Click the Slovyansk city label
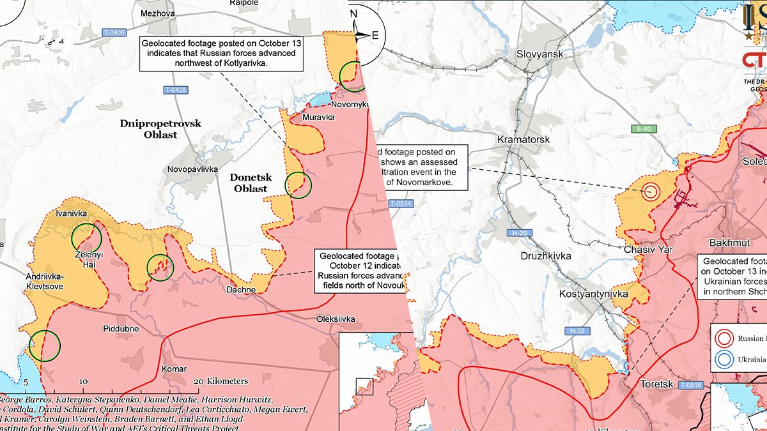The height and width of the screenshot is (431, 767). coord(539,54)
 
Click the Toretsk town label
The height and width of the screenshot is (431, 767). coord(657,385)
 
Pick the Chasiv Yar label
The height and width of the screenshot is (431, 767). coord(648,250)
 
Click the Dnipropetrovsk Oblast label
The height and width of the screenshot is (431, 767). coord(160,128)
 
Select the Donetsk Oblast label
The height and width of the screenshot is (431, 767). coord(251,183)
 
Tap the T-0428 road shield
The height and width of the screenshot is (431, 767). coord(174,90)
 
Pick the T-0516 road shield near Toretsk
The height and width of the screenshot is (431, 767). coord(691,385)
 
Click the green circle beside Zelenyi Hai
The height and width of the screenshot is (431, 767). coord(86,237)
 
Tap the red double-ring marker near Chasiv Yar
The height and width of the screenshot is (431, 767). coord(651,190)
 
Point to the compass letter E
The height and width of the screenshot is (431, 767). coord(375,35)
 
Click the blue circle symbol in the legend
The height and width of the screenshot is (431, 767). coord(725,359)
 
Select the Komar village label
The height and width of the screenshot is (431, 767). coord(174,369)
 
